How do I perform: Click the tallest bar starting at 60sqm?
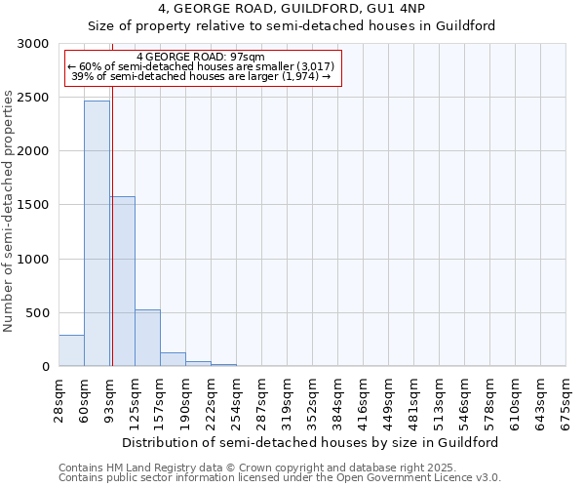97,234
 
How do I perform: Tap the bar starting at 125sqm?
147,338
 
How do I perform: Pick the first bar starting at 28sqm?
71,350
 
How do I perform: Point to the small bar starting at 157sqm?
173,359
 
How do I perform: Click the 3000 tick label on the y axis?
34,44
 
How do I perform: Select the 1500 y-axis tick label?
34,205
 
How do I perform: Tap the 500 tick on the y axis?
38,313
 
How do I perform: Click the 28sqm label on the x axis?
59,401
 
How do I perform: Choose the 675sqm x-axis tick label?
566,401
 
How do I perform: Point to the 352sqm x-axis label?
313,401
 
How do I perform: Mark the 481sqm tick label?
414,401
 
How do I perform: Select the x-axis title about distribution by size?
312,442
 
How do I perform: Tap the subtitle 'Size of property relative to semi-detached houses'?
292,26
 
